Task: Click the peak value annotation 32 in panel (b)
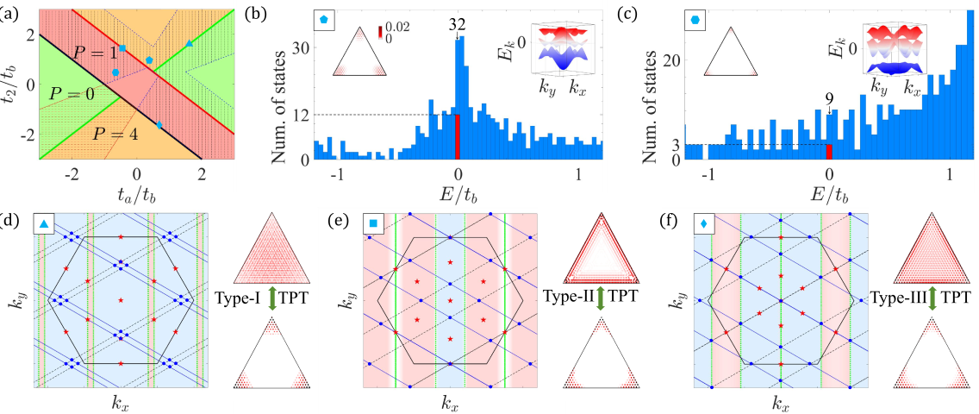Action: [x=456, y=25]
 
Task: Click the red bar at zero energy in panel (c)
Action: [x=829, y=152]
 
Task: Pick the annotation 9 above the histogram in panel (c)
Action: [x=829, y=109]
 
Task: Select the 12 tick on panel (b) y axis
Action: [x=301, y=115]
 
